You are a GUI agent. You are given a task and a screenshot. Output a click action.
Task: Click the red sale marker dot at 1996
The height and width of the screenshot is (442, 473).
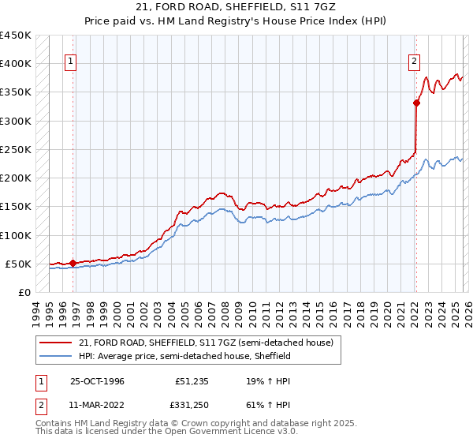73,263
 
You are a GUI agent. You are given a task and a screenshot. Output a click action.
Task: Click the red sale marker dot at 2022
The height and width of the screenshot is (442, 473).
416,103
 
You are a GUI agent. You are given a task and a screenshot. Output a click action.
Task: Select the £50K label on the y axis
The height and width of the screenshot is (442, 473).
19,264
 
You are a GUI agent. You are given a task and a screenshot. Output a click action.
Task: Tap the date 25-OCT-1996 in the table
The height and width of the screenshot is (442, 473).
97,380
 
